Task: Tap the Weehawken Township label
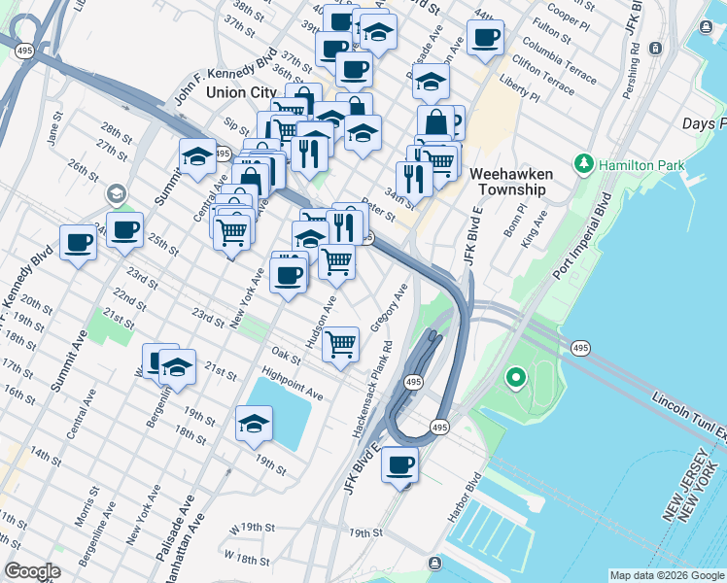(511, 182)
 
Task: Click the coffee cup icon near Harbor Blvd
(399, 464)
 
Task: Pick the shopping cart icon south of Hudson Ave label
(340, 343)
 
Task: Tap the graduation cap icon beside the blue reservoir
(254, 423)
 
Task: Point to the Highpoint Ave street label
(292, 383)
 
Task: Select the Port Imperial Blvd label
(582, 233)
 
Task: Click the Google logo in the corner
(33, 570)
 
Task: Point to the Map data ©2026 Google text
(667, 575)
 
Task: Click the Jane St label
(54, 129)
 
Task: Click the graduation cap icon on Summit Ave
(196, 154)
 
